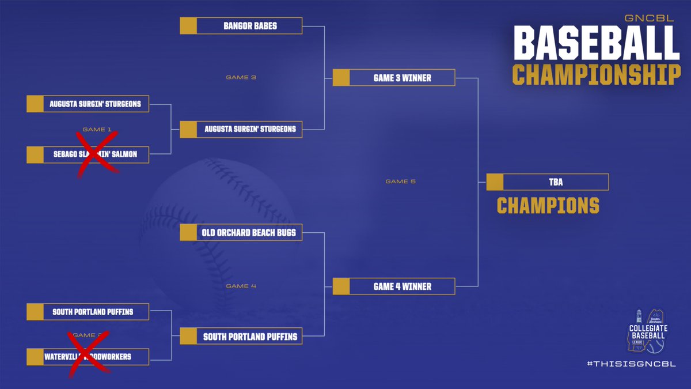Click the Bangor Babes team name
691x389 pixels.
[x=250, y=26]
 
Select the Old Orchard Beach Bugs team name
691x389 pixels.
[x=249, y=233]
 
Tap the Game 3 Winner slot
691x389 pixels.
[x=403, y=78]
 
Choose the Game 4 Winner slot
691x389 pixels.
[x=403, y=286]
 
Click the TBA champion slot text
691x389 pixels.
[x=556, y=182]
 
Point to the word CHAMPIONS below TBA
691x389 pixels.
[x=548, y=206]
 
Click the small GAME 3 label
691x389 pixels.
[x=237, y=77]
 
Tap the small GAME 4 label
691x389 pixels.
[x=237, y=286]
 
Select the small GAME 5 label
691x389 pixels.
[x=400, y=182]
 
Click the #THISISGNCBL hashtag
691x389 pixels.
[x=631, y=364]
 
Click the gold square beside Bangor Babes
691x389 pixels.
[x=188, y=26]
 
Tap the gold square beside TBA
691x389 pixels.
[x=495, y=182]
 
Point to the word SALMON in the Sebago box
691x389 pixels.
[x=126, y=154]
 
